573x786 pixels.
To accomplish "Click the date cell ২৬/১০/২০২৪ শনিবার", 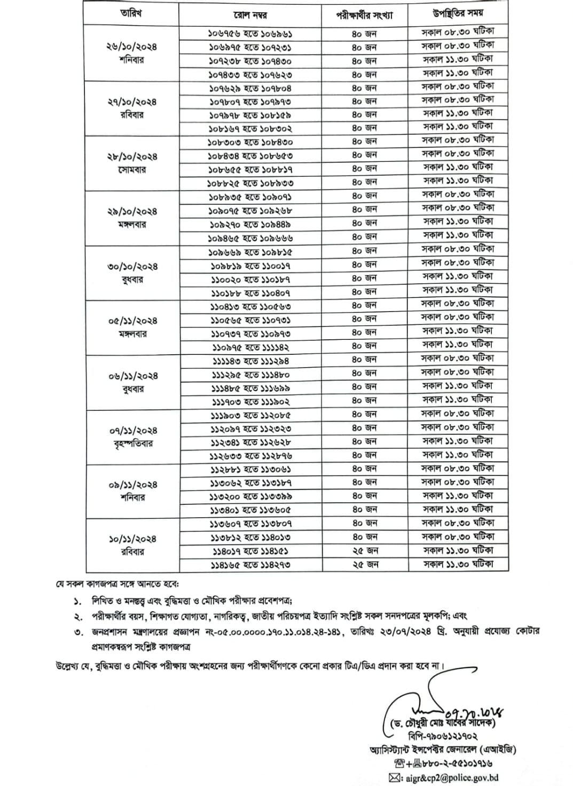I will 131,53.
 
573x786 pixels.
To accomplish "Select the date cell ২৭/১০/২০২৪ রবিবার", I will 131,108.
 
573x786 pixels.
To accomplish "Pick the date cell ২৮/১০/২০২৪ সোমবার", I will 131,163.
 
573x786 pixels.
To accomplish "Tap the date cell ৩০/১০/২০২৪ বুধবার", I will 131,273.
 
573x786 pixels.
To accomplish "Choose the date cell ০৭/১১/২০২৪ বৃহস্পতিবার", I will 131,437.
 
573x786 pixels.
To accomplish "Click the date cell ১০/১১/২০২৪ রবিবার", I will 131,545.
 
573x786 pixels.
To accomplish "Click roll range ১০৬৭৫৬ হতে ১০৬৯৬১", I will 250,34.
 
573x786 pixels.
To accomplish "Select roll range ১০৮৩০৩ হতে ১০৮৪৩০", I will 250,142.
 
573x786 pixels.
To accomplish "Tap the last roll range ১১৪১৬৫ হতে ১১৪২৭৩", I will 250,565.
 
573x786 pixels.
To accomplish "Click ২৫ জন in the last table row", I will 365,564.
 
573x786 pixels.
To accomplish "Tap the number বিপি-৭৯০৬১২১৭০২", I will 443,736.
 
